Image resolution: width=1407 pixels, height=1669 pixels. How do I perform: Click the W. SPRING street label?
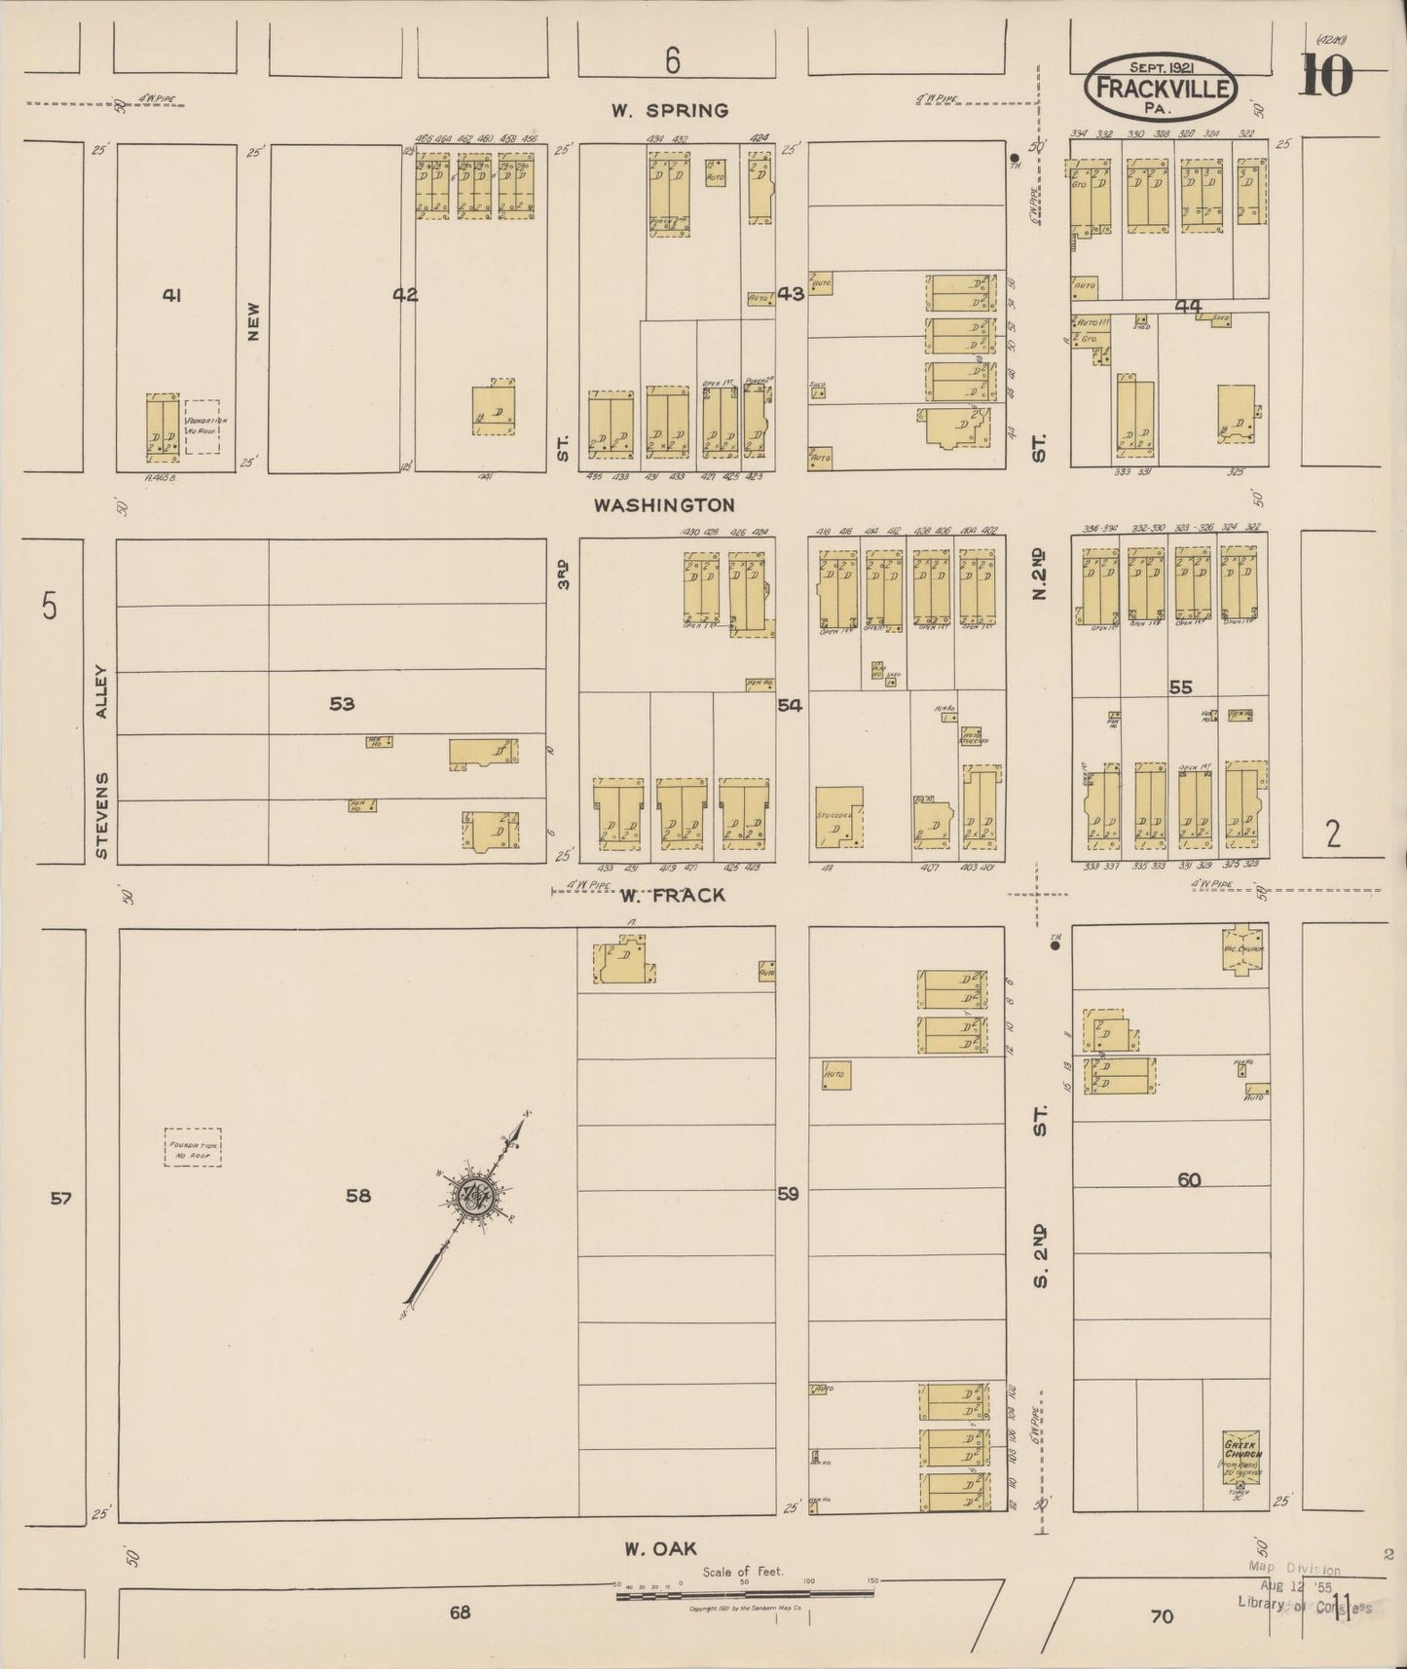(x=669, y=110)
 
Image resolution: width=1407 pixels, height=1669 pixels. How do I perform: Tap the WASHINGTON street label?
(x=664, y=505)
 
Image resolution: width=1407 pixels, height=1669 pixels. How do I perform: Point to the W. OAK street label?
(x=661, y=1547)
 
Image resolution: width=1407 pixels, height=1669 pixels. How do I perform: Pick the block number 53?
(x=342, y=703)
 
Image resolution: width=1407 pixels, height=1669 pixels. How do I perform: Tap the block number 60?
(x=1188, y=1180)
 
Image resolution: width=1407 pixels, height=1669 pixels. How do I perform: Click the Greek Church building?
(x=1242, y=1458)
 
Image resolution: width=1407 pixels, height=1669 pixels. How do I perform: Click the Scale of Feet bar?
(x=745, y=1594)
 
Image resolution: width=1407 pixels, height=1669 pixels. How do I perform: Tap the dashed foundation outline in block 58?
(x=193, y=1147)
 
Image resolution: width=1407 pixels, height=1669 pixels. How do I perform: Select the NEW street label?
(x=254, y=320)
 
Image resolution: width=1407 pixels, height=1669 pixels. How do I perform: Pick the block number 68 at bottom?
(x=460, y=1612)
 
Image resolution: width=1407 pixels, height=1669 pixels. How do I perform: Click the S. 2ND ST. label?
(x=1041, y=1198)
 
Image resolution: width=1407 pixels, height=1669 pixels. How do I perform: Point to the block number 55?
(x=1180, y=687)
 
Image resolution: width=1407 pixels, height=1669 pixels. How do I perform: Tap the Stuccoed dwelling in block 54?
(x=838, y=814)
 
